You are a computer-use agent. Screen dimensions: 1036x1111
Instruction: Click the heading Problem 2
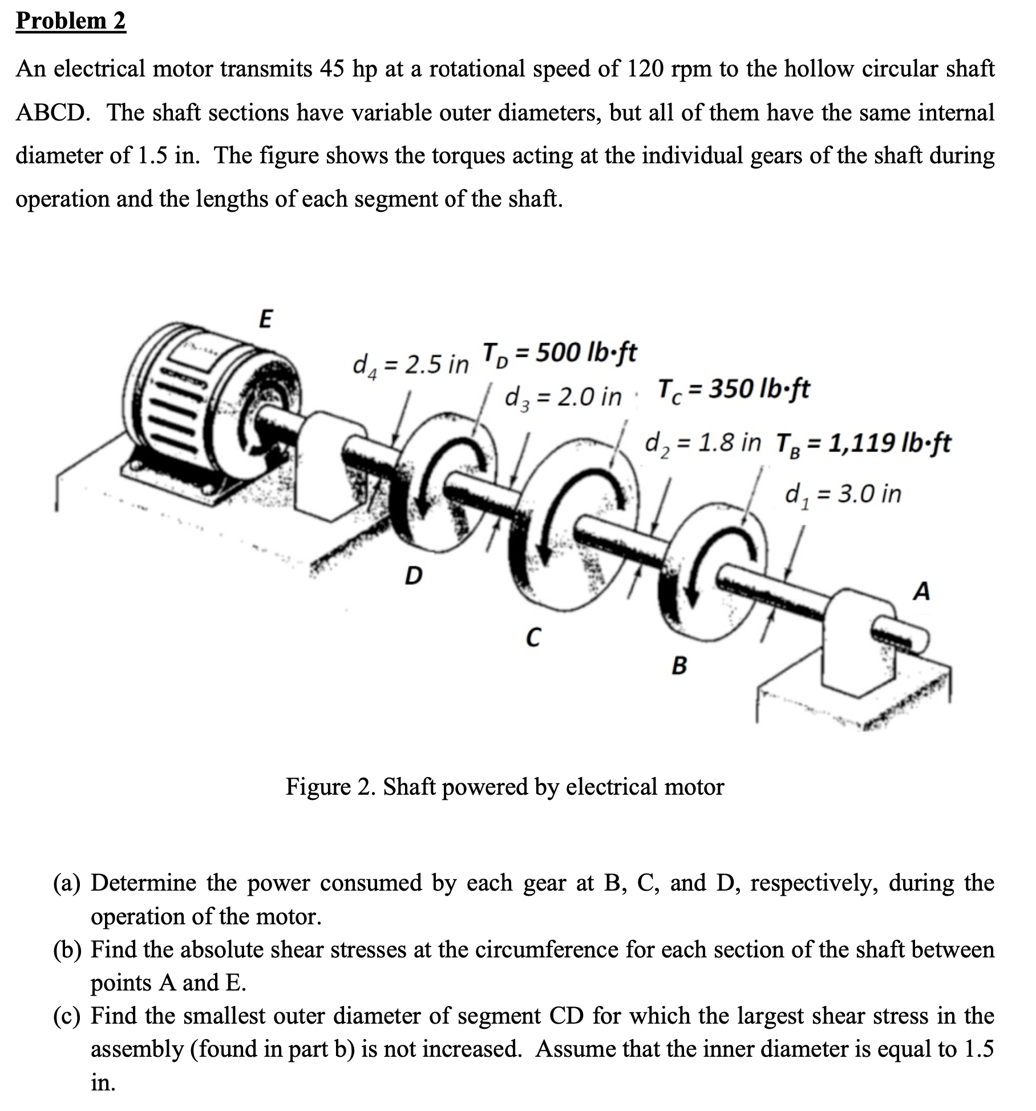(71, 21)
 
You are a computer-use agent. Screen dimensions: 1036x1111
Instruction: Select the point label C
(532, 637)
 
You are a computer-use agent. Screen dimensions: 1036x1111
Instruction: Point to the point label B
(679, 665)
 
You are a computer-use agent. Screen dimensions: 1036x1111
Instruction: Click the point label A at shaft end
(921, 591)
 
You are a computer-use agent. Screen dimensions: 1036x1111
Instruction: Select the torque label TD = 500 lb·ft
(560, 353)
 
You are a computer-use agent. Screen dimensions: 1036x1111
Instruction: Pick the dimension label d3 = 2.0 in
(562, 396)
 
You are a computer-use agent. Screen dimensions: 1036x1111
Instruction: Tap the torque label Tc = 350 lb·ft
(734, 390)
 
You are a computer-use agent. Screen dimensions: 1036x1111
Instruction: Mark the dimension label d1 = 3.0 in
(843, 494)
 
